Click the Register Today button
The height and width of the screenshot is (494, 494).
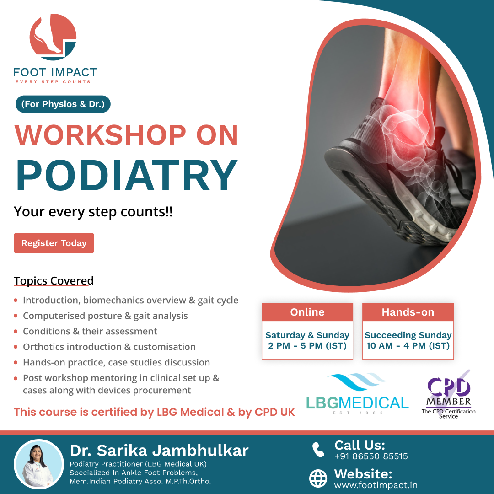pyautogui.click(x=54, y=243)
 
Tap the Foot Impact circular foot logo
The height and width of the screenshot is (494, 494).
pyautogui.click(x=53, y=37)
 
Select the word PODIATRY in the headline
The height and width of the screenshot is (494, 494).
pyautogui.click(x=127, y=175)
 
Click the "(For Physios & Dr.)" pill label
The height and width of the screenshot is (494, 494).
pyautogui.click(x=63, y=104)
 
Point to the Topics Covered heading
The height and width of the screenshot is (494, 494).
pyautogui.click(x=54, y=281)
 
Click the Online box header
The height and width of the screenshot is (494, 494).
pyautogui.click(x=307, y=312)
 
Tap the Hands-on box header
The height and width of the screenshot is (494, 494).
pyautogui.click(x=408, y=312)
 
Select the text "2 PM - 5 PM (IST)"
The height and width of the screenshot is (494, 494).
pyautogui.click(x=307, y=346)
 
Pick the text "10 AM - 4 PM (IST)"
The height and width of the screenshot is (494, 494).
pyautogui.click(x=408, y=346)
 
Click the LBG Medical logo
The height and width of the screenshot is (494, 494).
pyautogui.click(x=357, y=394)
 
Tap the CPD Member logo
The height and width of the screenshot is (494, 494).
pyautogui.click(x=449, y=394)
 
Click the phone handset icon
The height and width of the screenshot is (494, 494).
pyautogui.click(x=318, y=450)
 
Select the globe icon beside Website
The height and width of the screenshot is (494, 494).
pyautogui.click(x=318, y=478)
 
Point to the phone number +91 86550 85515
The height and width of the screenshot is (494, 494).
pyautogui.click(x=371, y=456)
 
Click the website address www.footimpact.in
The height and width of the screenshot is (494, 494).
pyautogui.click(x=376, y=485)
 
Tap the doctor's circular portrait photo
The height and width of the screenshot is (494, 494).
pyautogui.click(x=39, y=464)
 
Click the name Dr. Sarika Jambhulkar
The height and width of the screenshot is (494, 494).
pyautogui.click(x=159, y=451)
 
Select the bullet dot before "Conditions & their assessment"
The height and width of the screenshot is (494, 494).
pyautogui.click(x=16, y=332)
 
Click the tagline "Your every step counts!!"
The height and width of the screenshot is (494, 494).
pyautogui.click(x=93, y=212)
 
